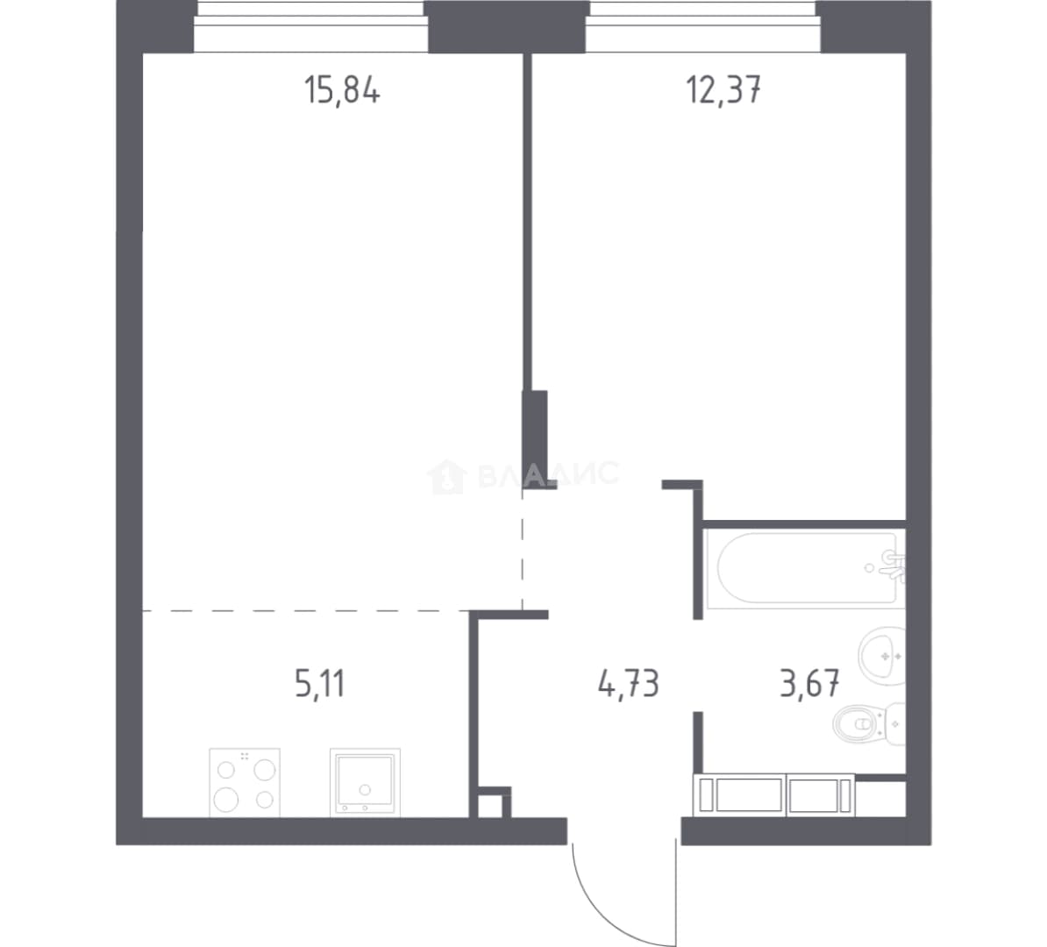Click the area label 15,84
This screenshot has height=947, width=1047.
(x=342, y=90)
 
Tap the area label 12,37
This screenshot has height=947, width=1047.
(x=723, y=90)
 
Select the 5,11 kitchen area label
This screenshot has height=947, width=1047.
(x=319, y=685)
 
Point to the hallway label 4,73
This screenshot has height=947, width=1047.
(x=629, y=685)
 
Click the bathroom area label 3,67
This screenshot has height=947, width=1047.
(x=809, y=685)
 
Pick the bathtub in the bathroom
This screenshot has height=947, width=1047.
(x=806, y=568)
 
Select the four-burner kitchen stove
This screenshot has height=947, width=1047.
(x=245, y=783)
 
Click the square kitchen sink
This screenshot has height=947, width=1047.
(x=366, y=783)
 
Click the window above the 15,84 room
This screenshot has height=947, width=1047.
(x=311, y=25)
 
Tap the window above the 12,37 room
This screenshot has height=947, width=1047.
(x=703, y=25)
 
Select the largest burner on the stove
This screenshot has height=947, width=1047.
(x=225, y=799)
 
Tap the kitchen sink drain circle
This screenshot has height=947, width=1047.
(x=365, y=789)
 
